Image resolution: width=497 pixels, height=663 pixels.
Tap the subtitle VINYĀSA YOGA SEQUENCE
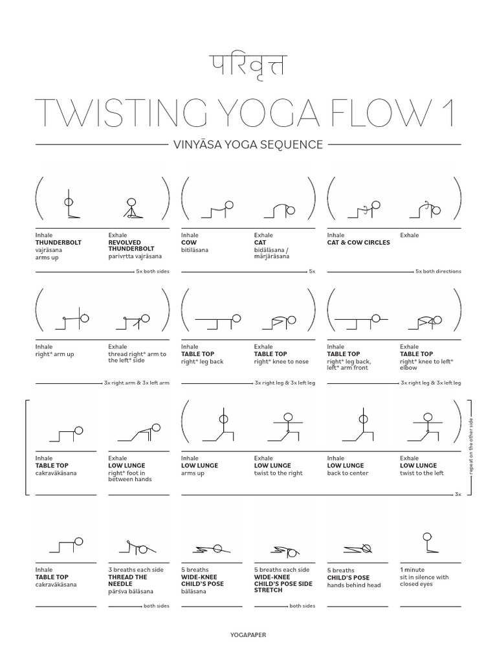[x=248, y=144]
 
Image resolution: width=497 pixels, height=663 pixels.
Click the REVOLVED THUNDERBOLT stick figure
[x=132, y=208]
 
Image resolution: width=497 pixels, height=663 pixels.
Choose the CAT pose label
[x=260, y=242]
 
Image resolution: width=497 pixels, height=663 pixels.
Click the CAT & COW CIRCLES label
[x=359, y=242]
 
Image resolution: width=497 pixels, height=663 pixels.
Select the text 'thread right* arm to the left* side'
[x=137, y=357]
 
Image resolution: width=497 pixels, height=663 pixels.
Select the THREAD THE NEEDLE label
[x=127, y=581]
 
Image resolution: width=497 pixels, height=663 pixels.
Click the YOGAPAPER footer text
[x=248, y=635]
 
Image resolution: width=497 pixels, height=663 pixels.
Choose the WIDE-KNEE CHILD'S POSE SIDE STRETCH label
[x=277, y=583]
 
